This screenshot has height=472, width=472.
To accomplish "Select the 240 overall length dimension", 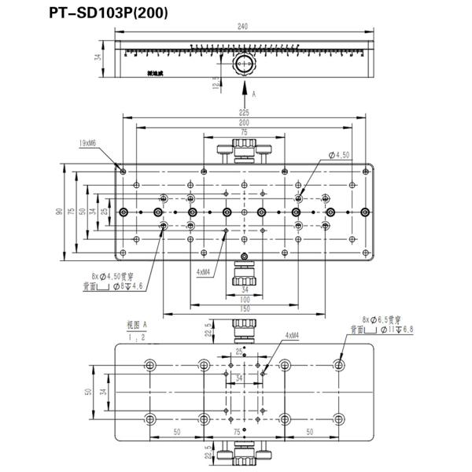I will click(242, 28).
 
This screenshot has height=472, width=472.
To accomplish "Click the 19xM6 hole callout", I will click(87, 143).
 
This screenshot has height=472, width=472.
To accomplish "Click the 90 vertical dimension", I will click(59, 212).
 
